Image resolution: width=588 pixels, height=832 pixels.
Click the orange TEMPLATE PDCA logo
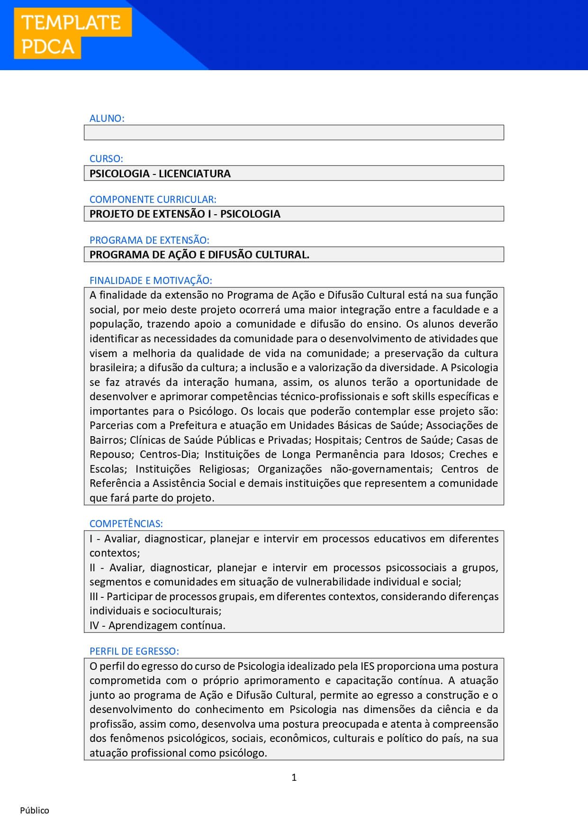click(x=72, y=34)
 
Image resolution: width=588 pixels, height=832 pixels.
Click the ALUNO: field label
click(x=107, y=119)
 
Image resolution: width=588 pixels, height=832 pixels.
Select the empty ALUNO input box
click(x=294, y=133)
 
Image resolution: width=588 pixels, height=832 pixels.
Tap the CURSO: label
click(x=106, y=159)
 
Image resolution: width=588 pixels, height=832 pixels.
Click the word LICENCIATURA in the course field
click(x=194, y=174)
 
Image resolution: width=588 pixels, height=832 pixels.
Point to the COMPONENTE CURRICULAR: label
click(x=153, y=200)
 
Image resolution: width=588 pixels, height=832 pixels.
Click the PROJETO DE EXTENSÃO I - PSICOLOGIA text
click(x=185, y=214)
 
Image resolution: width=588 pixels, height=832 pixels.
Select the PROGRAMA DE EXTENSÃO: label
click(x=149, y=240)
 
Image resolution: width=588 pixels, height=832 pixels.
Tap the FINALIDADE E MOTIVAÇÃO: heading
click(x=151, y=281)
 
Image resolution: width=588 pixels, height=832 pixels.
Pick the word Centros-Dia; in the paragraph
click(x=169, y=455)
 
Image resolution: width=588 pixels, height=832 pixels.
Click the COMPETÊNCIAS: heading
click(x=126, y=524)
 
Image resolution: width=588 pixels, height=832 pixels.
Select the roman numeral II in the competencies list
click(x=93, y=568)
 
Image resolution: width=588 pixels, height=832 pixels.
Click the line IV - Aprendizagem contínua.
click(x=157, y=626)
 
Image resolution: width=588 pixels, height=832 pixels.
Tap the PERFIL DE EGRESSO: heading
click(x=134, y=651)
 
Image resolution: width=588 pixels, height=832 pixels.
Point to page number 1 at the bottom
click(x=294, y=777)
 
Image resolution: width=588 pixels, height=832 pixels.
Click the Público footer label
click(x=35, y=811)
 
